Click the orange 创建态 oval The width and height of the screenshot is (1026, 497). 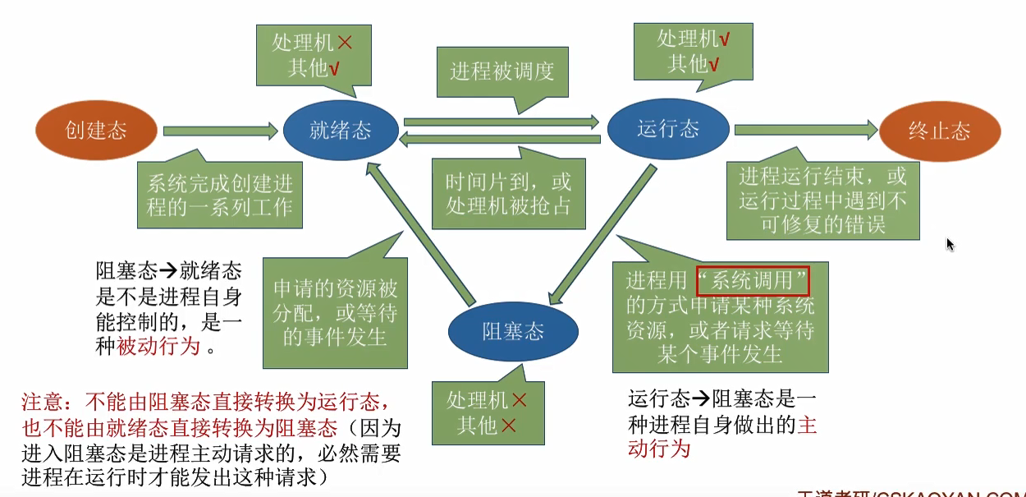pos(96,130)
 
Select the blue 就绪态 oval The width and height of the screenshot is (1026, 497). pos(341,130)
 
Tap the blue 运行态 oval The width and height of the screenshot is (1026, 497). pos(668,128)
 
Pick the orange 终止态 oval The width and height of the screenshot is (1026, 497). pos(940,131)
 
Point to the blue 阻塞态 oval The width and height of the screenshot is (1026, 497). pos(513,330)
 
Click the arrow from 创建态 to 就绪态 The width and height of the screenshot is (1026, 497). pos(220,130)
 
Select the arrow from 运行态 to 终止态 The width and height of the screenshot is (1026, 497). pos(804,129)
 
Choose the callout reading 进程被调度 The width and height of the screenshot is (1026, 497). pos(502,71)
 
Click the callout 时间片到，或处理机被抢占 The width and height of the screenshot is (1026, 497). pos(509,194)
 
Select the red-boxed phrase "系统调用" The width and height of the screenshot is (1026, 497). pos(753,280)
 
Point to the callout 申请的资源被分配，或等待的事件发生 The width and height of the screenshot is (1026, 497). pos(335,312)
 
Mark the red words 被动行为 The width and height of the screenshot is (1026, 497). pos(159,346)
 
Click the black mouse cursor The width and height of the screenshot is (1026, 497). pos(950,245)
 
